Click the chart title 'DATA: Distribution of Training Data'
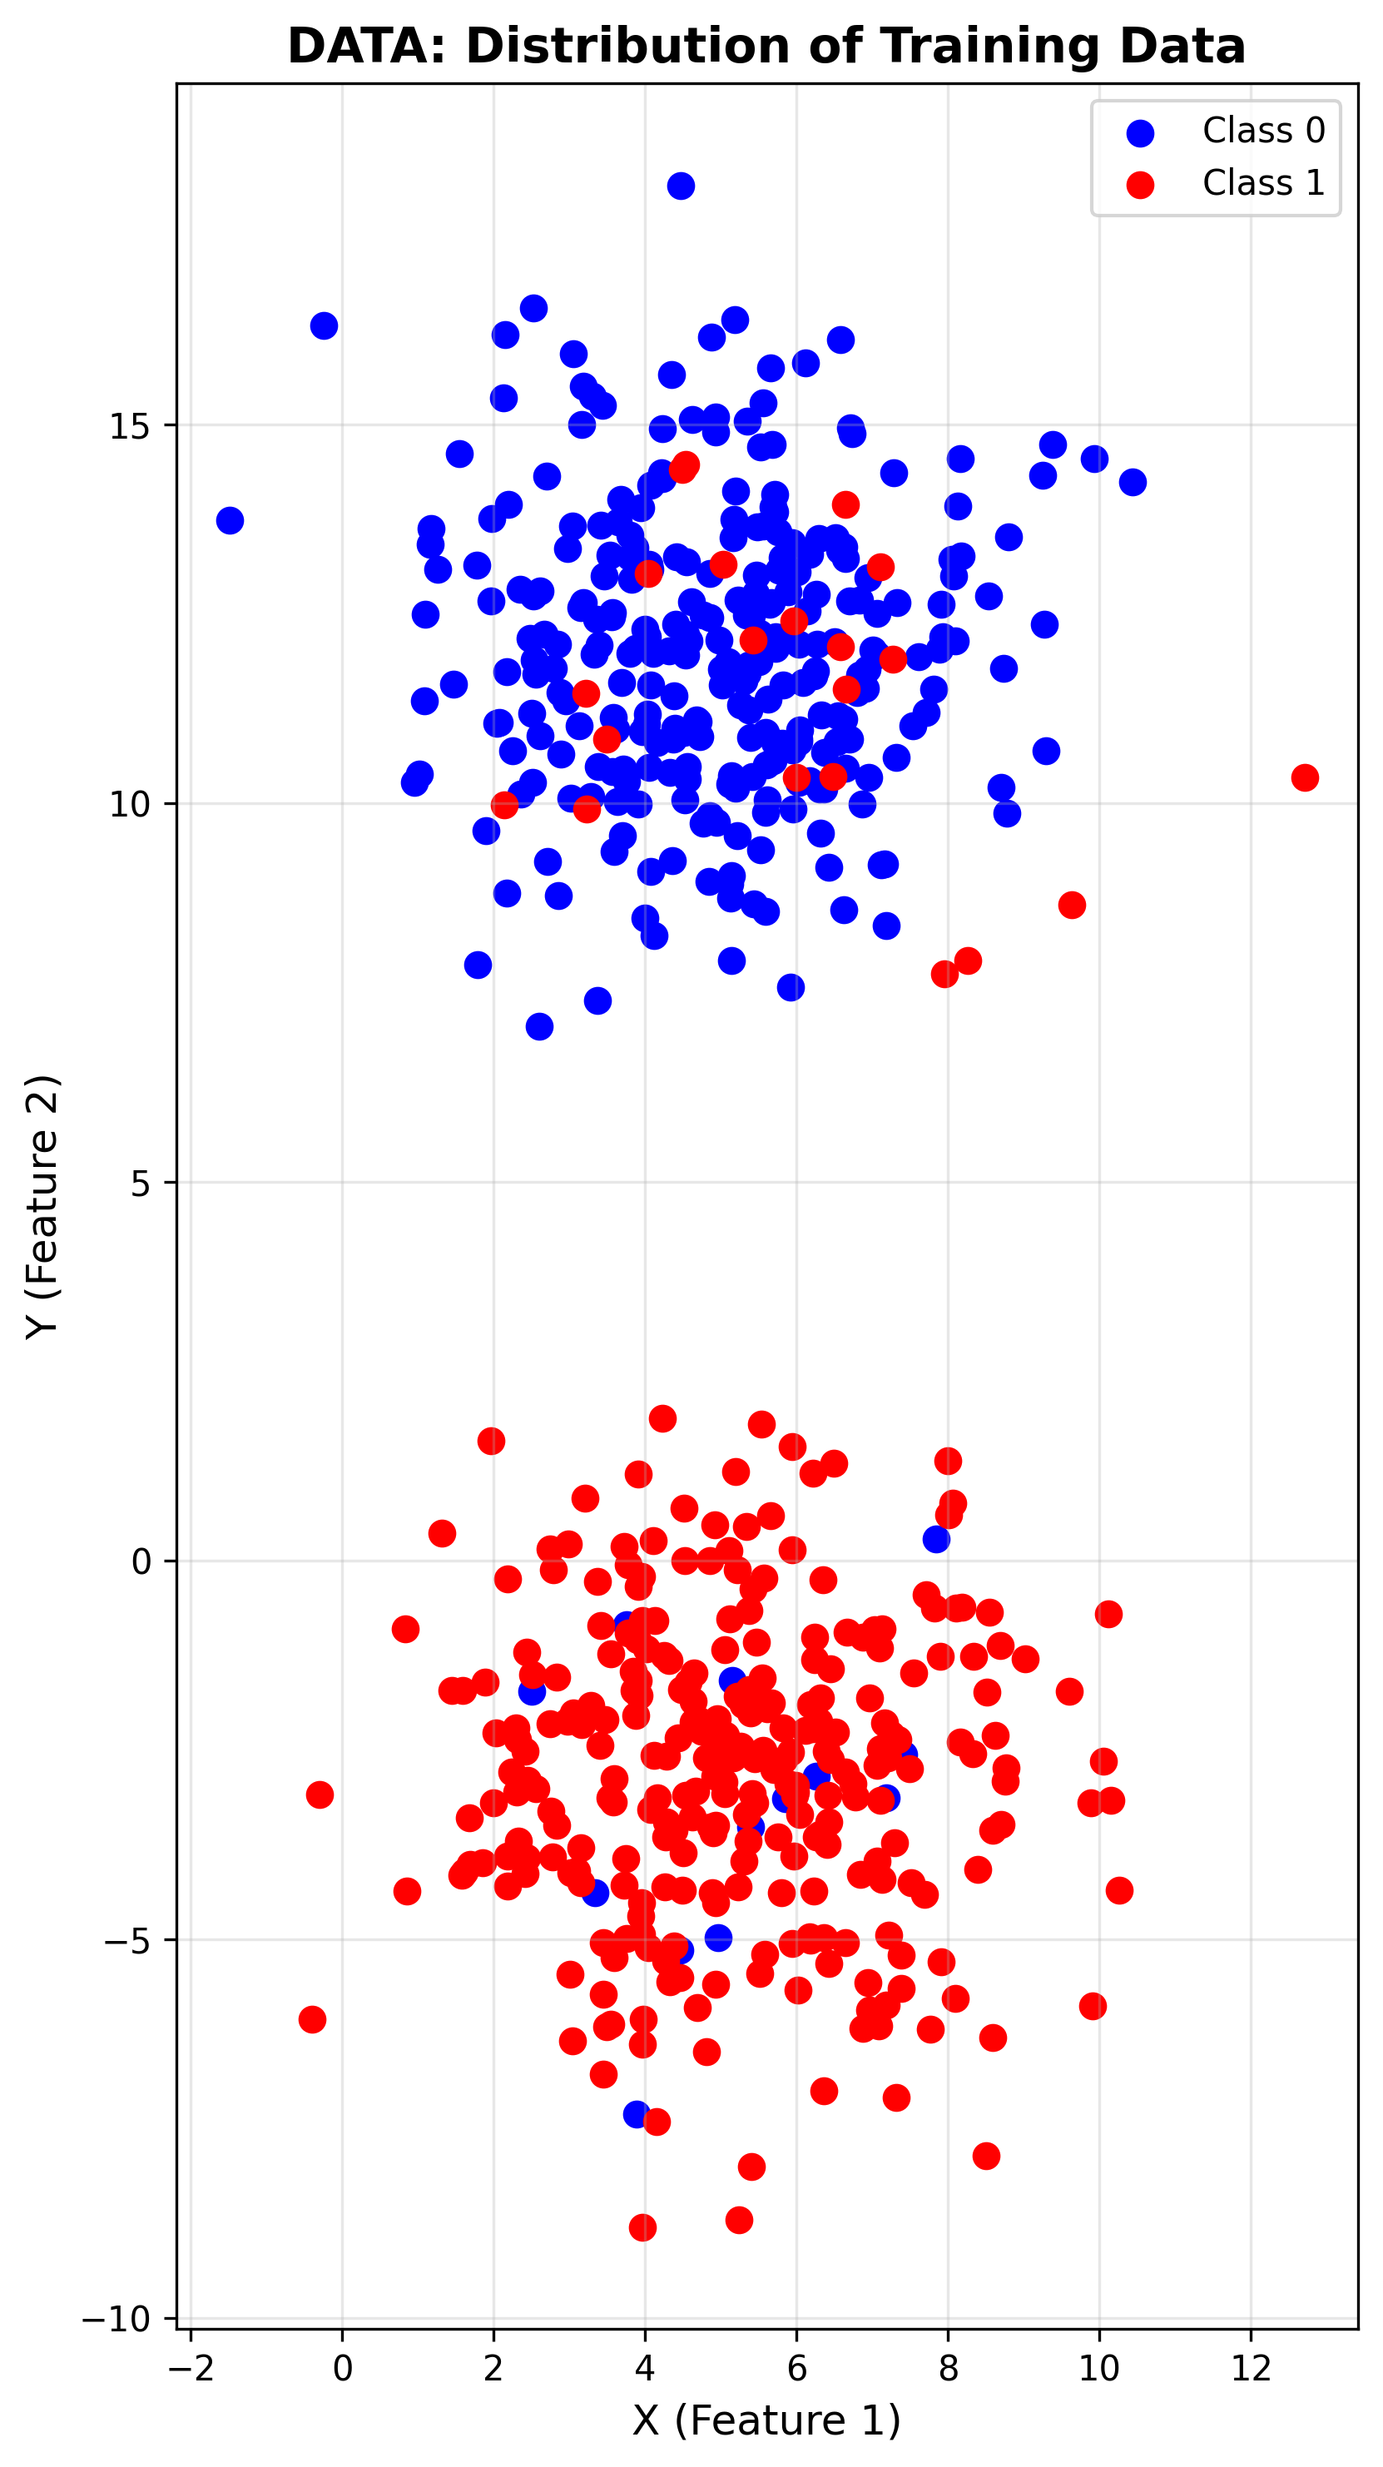point(766,46)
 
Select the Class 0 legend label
point(1263,130)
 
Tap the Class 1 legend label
point(1263,182)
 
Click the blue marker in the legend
point(1140,132)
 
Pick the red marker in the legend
point(1140,184)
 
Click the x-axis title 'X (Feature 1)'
point(766,2420)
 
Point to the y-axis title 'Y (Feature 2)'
point(43,1207)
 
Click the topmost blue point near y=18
point(681,186)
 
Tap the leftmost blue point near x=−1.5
point(230,521)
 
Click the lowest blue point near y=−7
point(637,2113)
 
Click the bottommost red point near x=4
point(642,2227)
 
